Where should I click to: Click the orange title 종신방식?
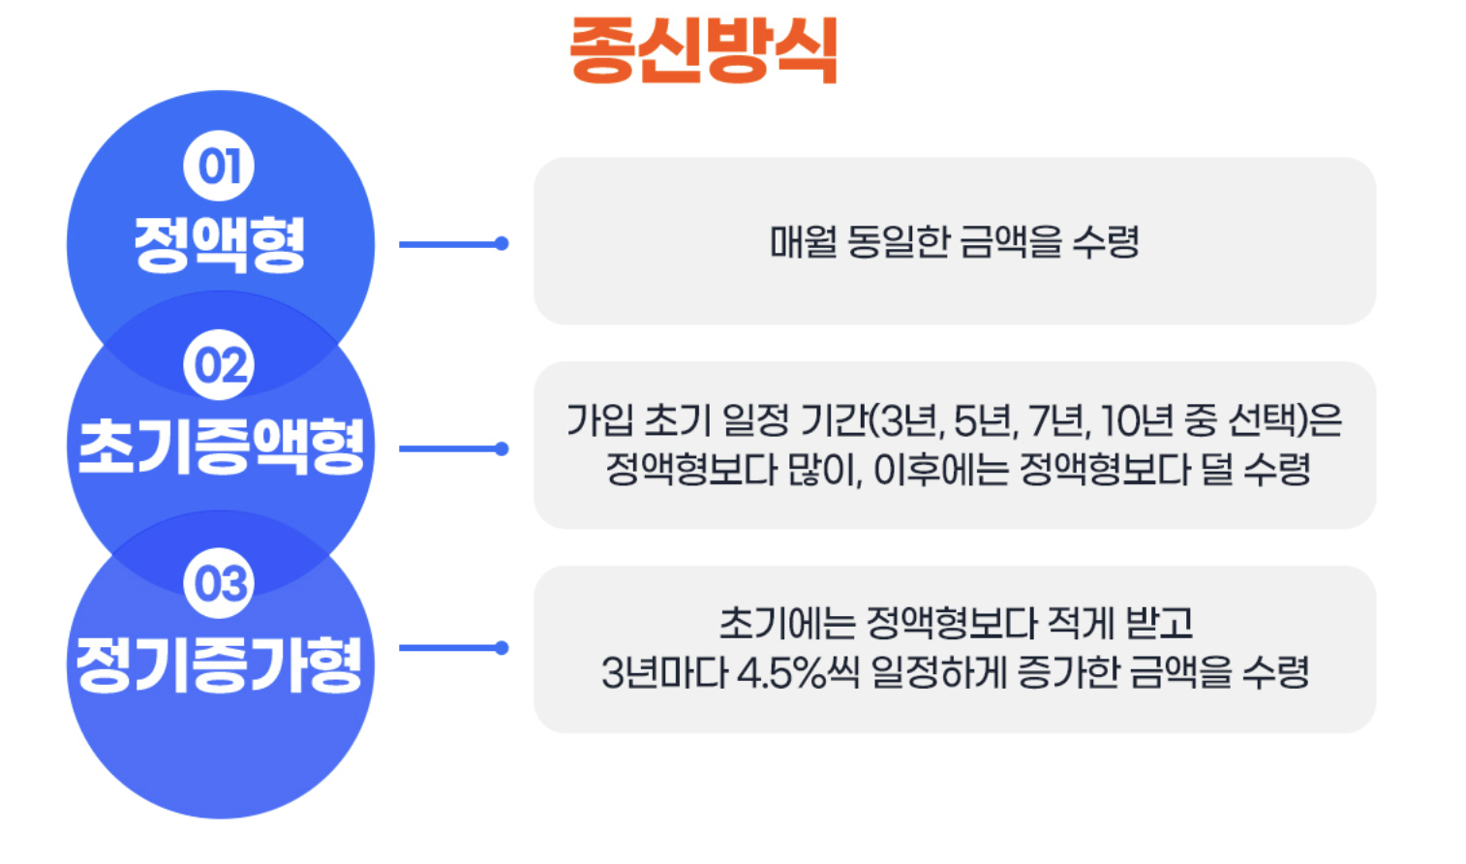pos(703,50)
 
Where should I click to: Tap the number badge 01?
pos(219,167)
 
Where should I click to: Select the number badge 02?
pos(219,365)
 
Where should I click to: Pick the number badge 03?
pos(219,583)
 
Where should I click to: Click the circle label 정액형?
pos(220,243)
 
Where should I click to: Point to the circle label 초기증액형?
pos(221,447)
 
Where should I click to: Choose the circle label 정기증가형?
pos(220,664)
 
